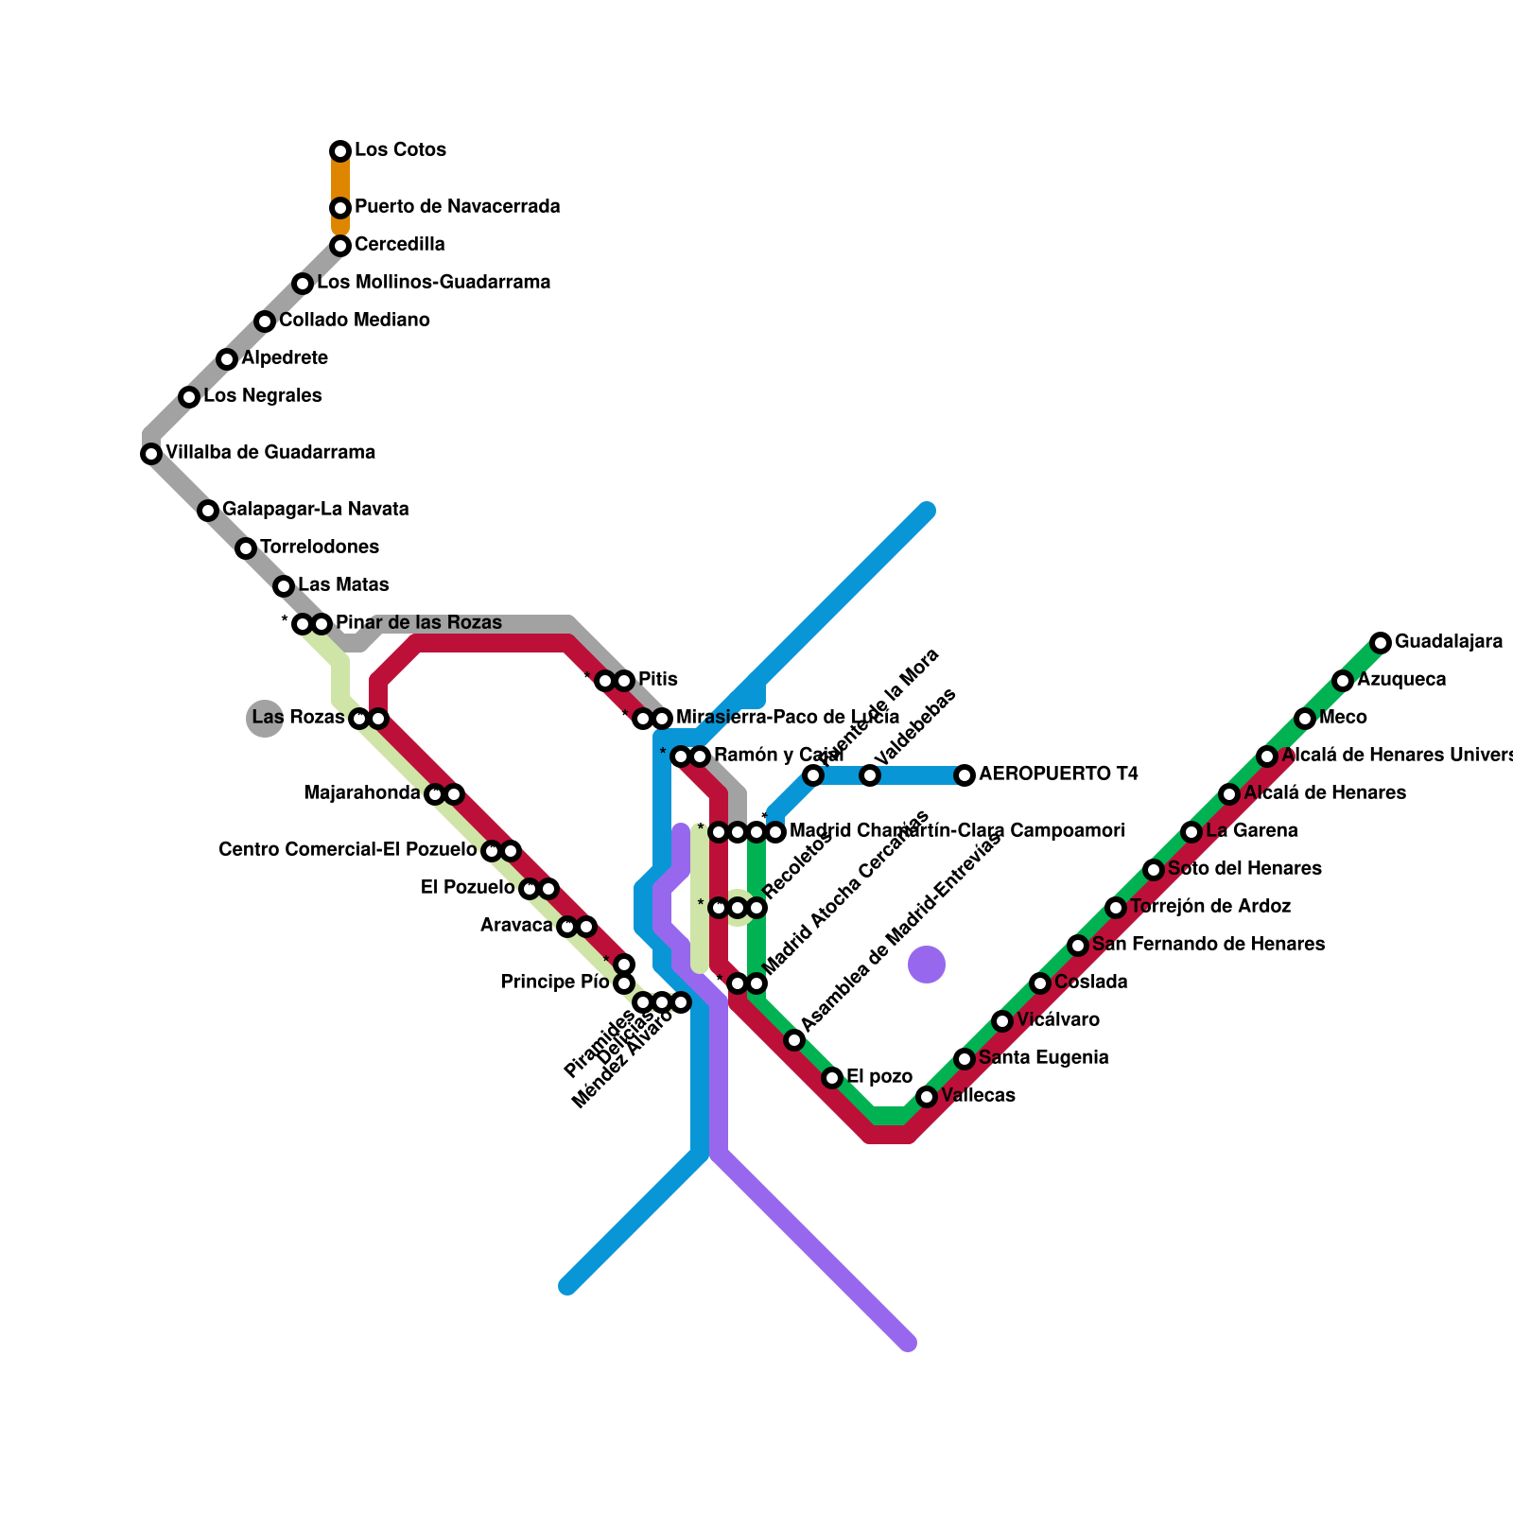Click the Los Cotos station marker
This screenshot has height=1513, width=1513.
click(x=340, y=151)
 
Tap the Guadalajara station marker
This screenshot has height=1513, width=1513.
click(x=1381, y=643)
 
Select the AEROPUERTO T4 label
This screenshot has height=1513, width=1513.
click(x=1058, y=774)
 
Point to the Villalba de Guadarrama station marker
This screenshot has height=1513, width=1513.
click(x=151, y=454)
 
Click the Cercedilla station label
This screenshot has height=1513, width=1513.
click(x=399, y=245)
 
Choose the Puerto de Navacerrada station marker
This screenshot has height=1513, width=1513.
click(x=340, y=208)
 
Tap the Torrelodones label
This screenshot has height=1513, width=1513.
click(x=319, y=548)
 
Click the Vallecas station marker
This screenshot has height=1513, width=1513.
click(x=927, y=1097)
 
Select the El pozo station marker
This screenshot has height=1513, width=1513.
click(x=832, y=1078)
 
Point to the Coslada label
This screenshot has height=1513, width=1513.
click(x=1090, y=983)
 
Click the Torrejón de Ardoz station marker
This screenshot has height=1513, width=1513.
click(x=1116, y=908)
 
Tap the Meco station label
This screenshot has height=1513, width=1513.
click(x=1343, y=718)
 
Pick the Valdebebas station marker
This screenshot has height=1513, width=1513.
click(x=870, y=775)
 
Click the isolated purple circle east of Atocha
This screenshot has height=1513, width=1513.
click(x=927, y=965)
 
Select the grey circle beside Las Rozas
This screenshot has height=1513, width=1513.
click(x=265, y=719)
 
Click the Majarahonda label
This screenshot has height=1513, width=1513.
click(x=361, y=793)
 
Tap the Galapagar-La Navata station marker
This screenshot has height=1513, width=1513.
click(x=208, y=511)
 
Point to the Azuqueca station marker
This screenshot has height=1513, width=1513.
click(x=1343, y=681)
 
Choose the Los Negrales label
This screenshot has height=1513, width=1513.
click(x=262, y=396)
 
